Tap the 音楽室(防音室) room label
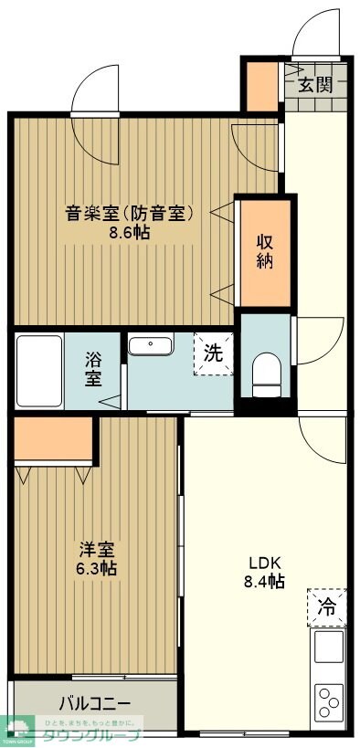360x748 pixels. click(x=127, y=215)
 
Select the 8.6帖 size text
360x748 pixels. click(x=127, y=233)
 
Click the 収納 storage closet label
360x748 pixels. click(x=265, y=251)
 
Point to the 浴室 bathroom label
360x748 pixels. click(x=93, y=368)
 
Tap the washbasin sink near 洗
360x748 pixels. click(x=151, y=345)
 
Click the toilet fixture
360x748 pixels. click(x=266, y=374)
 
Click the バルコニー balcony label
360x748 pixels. click(x=95, y=703)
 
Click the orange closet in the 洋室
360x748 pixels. click(x=55, y=440)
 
